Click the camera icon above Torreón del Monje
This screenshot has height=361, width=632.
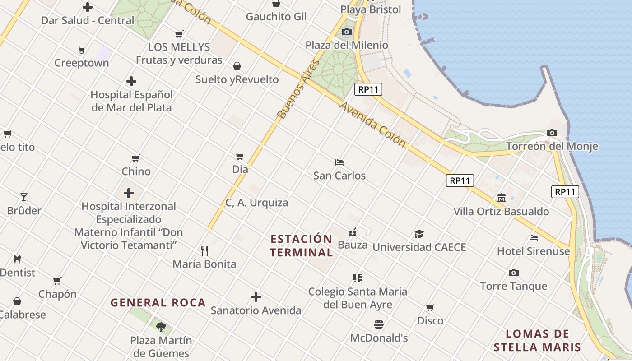click(552, 133)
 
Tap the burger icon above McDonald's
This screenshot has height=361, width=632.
click(379, 324)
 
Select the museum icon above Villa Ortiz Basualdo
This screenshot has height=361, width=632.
click(501, 198)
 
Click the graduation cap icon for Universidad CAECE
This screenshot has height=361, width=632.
click(419, 234)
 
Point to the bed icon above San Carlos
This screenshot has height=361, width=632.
click(339, 162)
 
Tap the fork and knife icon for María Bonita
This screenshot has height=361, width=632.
click(204, 250)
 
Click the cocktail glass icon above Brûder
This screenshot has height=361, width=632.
click(24, 197)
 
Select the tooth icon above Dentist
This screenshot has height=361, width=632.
click(17, 259)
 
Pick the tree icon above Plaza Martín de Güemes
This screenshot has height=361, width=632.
click(161, 327)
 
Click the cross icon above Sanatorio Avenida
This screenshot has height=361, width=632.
click(256, 297)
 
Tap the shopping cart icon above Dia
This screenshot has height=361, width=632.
click(240, 156)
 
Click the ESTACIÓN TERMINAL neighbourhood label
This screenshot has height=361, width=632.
click(302, 245)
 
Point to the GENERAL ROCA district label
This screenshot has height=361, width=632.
click(158, 302)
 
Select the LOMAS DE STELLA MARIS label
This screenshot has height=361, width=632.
click(537, 340)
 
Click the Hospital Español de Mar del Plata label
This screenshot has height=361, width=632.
click(132, 101)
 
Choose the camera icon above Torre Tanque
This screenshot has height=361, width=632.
click(513, 273)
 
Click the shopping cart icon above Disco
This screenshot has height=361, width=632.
click(430, 307)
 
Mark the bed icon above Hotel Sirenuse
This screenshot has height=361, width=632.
click(534, 237)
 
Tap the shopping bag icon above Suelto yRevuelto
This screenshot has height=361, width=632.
click(237, 66)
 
